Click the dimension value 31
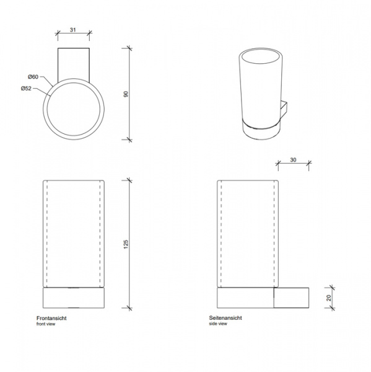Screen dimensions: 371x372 73,30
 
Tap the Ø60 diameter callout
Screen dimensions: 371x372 33,77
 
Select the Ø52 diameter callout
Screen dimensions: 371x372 26,89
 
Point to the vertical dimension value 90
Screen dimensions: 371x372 126,94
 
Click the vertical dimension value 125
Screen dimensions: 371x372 126,244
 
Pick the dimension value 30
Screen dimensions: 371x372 293,160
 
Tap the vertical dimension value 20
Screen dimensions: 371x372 328,298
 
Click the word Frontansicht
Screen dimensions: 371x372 51,318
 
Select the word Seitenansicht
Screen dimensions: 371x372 225,318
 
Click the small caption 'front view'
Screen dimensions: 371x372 46,324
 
